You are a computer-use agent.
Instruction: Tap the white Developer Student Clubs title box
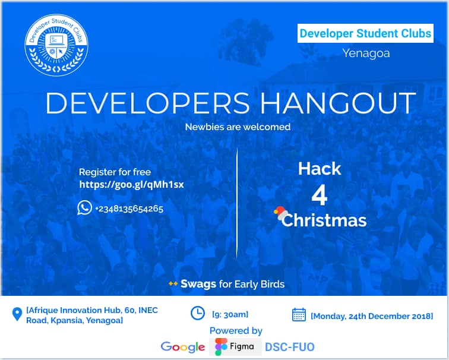coord(365,33)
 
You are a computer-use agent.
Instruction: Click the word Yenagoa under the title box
coord(365,53)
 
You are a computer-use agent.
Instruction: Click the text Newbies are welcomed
coord(238,127)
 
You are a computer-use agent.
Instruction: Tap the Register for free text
coord(115,172)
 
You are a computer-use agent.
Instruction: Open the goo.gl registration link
coord(131,185)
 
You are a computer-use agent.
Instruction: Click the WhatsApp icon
coord(84,208)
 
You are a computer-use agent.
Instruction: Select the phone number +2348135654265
coord(129,209)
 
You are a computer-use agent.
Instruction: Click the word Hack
coord(320,169)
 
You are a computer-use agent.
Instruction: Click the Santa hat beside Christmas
coord(280,213)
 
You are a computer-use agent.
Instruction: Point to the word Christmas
coord(324,220)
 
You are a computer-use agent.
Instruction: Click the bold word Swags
coord(198,284)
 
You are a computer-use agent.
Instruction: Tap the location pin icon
coord(17,314)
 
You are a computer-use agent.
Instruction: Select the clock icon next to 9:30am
coord(197,313)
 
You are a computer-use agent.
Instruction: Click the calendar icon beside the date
coord(299,315)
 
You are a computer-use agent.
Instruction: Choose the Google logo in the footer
coord(182,346)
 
